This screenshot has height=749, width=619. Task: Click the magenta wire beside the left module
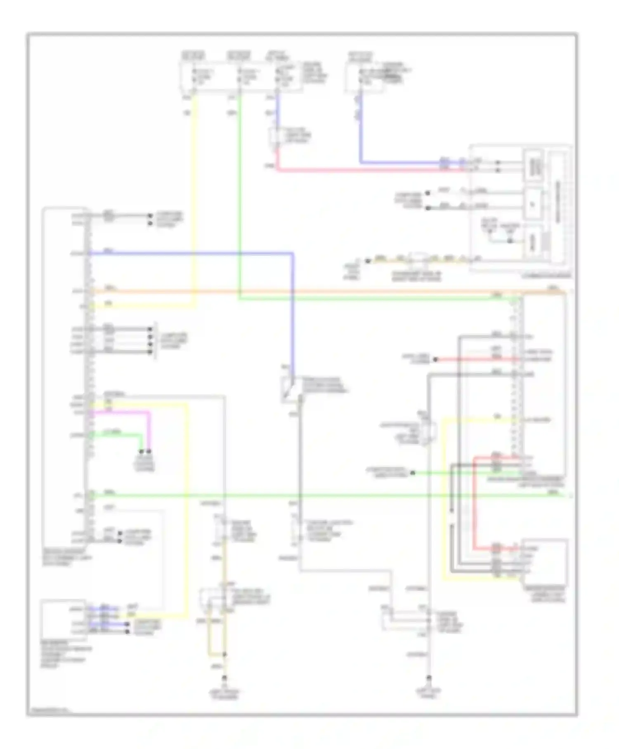(x=149, y=429)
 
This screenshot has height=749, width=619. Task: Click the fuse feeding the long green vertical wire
(x=240, y=76)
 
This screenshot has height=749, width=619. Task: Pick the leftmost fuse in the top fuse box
(x=194, y=76)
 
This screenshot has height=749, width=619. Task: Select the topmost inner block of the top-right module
(x=533, y=166)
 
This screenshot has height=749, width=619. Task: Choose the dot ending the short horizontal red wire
(x=435, y=360)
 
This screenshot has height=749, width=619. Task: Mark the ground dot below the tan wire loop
(x=225, y=678)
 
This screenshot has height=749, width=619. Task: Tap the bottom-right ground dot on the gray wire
(x=429, y=678)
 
